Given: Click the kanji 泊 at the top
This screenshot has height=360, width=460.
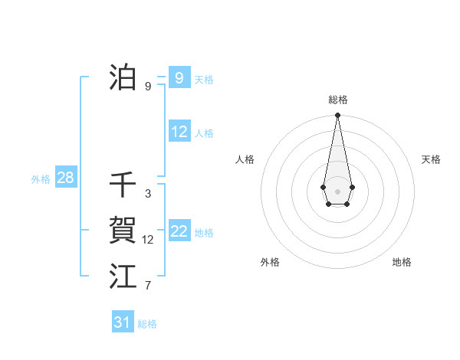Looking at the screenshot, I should pyautogui.click(x=123, y=78).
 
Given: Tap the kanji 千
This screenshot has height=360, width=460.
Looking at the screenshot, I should pyautogui.click(x=123, y=185).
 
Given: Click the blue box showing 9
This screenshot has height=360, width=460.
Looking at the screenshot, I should pyautogui.click(x=179, y=78).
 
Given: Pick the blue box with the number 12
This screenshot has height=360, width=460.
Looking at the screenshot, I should pyautogui.click(x=179, y=132).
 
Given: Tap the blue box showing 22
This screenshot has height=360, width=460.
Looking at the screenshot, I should pyautogui.click(x=179, y=231).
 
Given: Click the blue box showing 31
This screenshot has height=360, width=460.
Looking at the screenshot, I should pyautogui.click(x=122, y=322).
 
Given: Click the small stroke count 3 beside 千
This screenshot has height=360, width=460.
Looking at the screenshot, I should pyautogui.click(x=148, y=194).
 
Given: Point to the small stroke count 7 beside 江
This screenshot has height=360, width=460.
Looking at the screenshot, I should pyautogui.click(x=148, y=286).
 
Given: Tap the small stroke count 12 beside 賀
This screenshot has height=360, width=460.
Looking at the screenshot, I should pyautogui.click(x=148, y=240).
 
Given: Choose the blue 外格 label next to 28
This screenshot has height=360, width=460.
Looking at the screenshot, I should pyautogui.click(x=41, y=179).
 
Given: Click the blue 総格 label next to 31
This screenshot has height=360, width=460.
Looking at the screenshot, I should pyautogui.click(x=147, y=324).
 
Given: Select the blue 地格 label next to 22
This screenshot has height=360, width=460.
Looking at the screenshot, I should pyautogui.click(x=204, y=232).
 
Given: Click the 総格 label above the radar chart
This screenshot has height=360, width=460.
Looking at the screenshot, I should pyautogui.click(x=337, y=100).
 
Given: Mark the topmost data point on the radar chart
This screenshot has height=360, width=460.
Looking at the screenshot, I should pyautogui.click(x=337, y=116).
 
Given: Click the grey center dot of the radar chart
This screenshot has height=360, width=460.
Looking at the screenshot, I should pyautogui.click(x=337, y=190).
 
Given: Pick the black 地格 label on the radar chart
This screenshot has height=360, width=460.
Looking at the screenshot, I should pyautogui.click(x=402, y=262).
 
